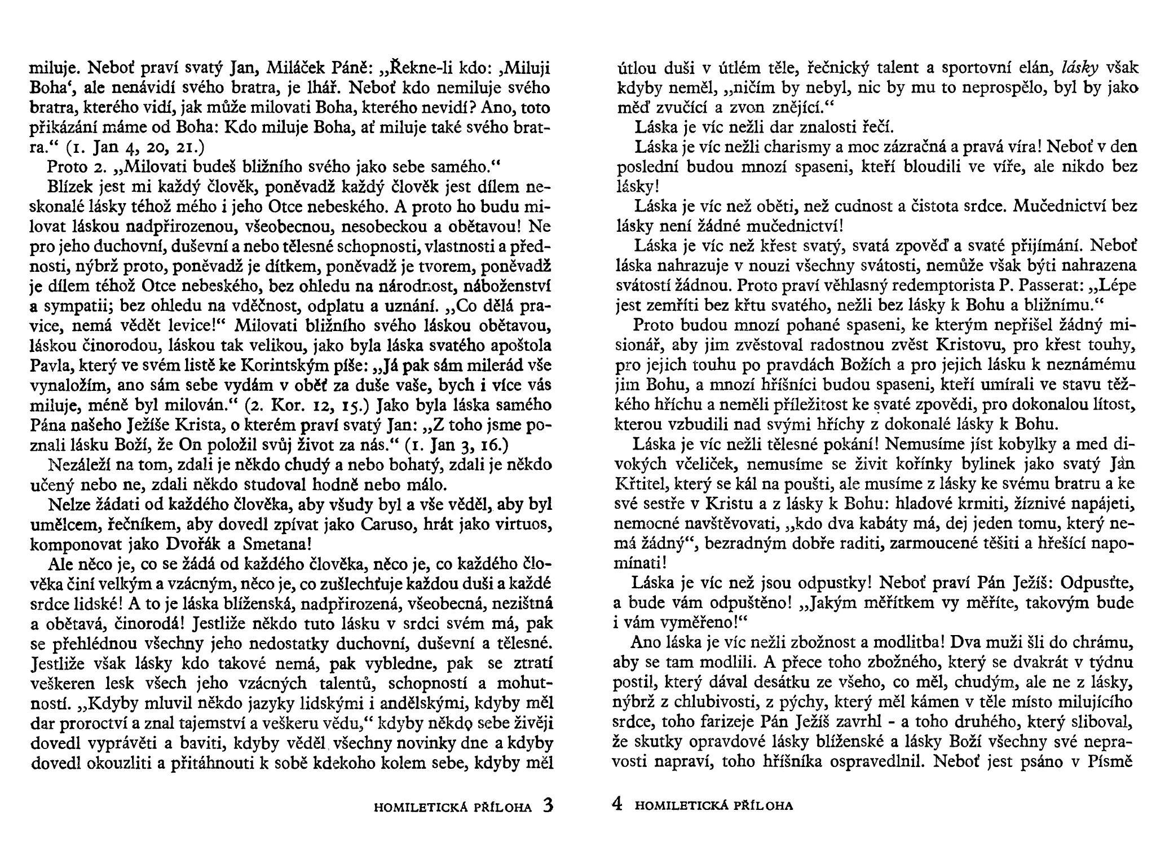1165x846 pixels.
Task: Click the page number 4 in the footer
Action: [617, 805]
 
